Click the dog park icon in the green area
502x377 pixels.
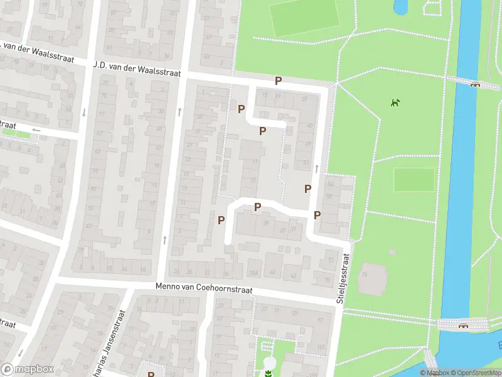coord(395,102)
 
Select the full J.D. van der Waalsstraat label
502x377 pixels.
coord(137,68)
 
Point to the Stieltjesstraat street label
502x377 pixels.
coord(344,279)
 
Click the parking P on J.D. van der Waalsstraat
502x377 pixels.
coord(278,81)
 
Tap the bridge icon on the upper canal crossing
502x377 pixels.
coord(475,85)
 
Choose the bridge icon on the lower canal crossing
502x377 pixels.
coord(464,325)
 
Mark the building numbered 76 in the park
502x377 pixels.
coord(365,275)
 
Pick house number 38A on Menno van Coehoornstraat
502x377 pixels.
coord(254,272)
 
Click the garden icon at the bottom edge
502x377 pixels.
coord(268,374)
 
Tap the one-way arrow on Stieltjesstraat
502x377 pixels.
coord(316,168)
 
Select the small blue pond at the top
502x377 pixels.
coord(399,7)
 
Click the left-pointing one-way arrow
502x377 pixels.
coord(36,130)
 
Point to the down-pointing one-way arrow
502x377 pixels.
coord(83,112)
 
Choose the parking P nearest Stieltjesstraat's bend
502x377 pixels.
coord(318,215)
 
